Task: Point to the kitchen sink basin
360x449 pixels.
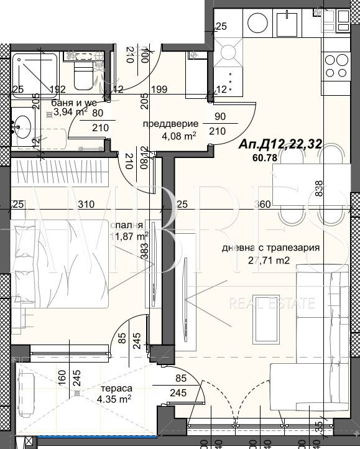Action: pyautogui.click(x=290, y=24)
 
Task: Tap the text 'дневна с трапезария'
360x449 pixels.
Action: pyautogui.click(x=270, y=248)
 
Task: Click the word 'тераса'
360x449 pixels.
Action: pyautogui.click(x=116, y=389)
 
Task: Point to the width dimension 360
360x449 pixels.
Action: pyautogui.click(x=264, y=204)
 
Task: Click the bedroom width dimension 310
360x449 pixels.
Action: pyautogui.click(x=86, y=204)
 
